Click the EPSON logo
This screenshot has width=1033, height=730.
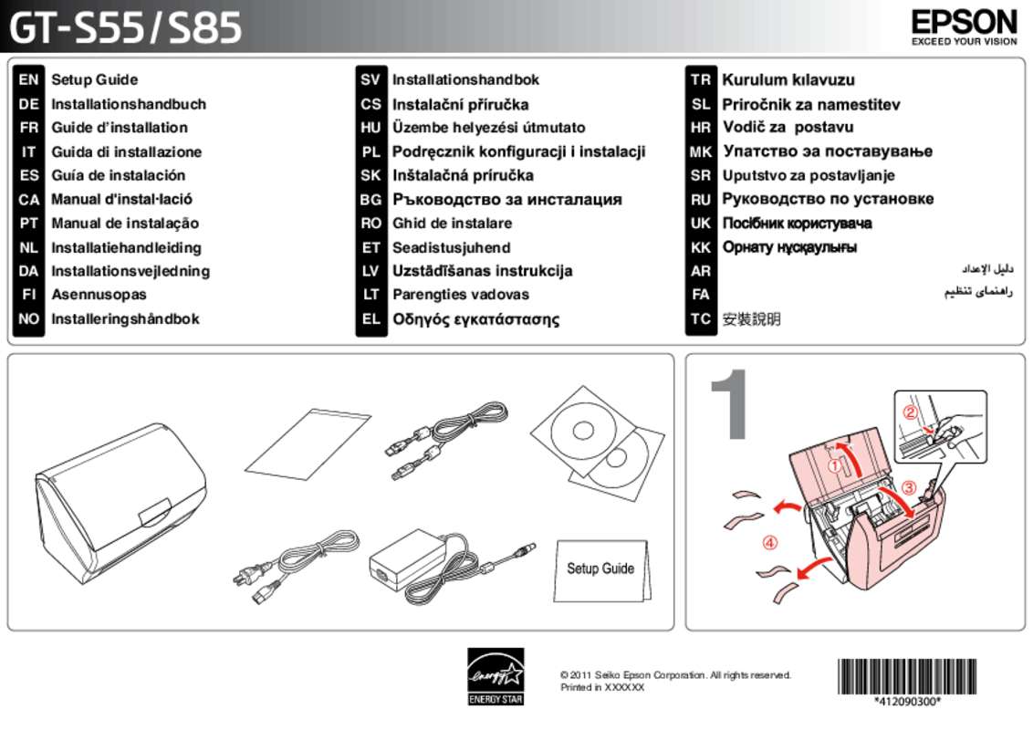pos(963,22)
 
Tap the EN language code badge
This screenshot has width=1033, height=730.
pos(28,80)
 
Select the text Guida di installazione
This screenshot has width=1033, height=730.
pos(126,151)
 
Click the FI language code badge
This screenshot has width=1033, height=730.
pos(28,295)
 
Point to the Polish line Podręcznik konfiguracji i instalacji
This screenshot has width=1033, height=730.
pos(518,151)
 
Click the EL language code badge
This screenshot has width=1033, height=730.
pos(370,319)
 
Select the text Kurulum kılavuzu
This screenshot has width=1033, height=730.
pos(788,80)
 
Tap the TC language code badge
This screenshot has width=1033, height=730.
pos(700,319)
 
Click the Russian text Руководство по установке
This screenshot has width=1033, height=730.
pos(828,199)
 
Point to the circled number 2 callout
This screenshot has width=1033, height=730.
pos(910,412)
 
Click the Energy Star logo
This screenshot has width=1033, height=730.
pos(496,676)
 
